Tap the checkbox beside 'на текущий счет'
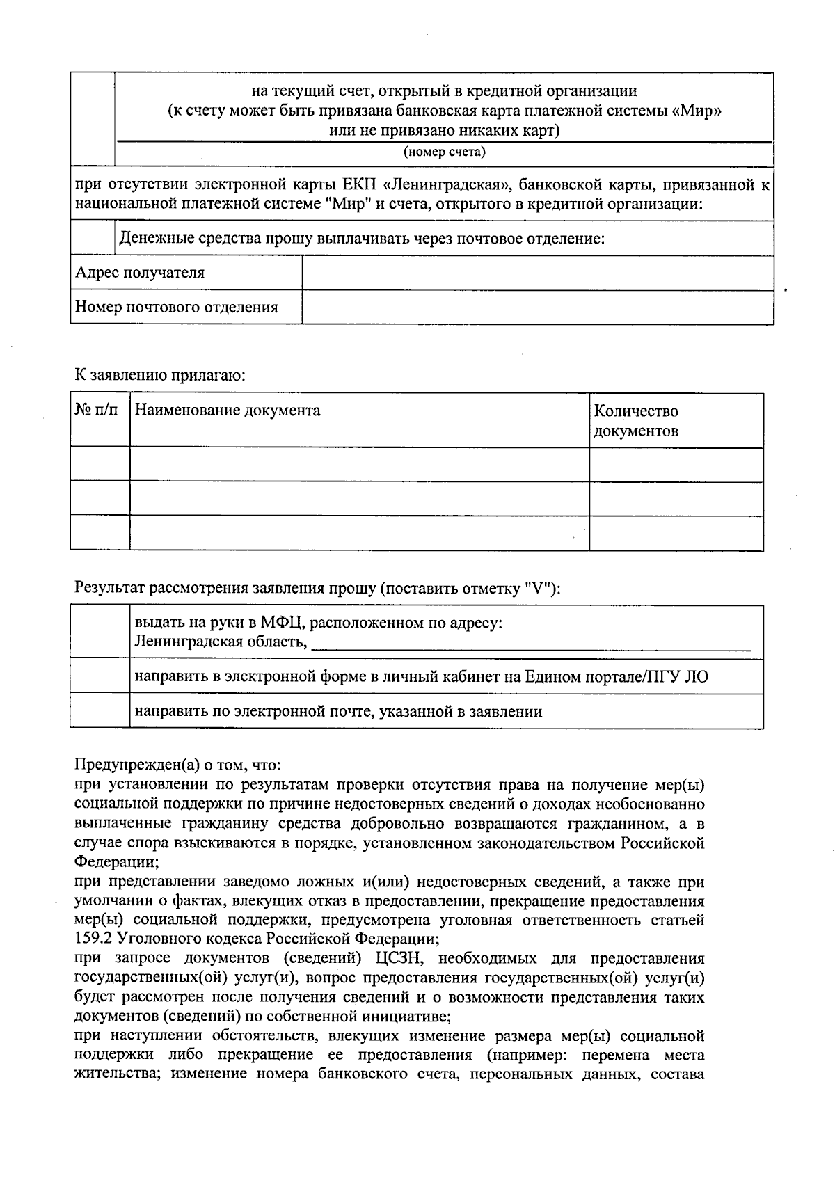(x=93, y=119)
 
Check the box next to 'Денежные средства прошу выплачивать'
(x=93, y=239)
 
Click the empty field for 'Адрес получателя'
(x=537, y=273)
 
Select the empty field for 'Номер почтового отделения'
(x=537, y=307)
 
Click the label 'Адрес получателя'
(x=140, y=273)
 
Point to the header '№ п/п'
(x=97, y=411)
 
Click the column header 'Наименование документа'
(x=228, y=411)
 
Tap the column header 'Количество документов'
(x=636, y=420)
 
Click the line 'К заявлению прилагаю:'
(x=161, y=376)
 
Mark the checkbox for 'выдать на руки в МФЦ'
(x=100, y=632)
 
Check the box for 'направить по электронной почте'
(x=100, y=711)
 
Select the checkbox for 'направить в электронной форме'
(x=100, y=676)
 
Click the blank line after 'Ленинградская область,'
(x=531, y=644)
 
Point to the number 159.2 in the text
(x=92, y=939)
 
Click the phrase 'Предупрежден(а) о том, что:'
(x=178, y=765)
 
